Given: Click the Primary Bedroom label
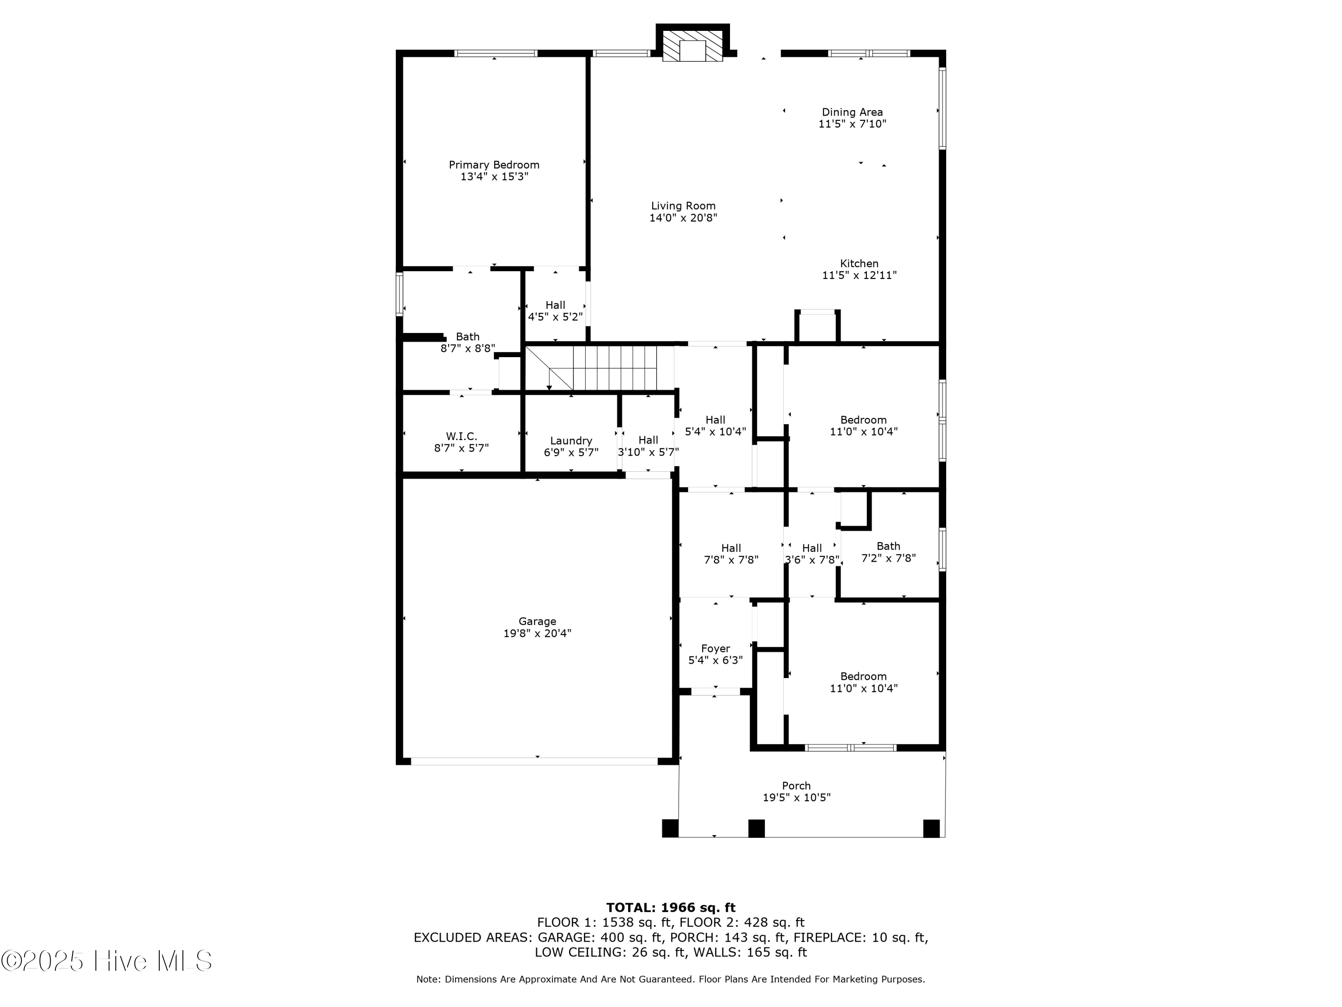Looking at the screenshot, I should point(494,165).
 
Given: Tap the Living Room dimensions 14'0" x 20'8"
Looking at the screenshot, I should point(683,218).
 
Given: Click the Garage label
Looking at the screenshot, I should point(537,621).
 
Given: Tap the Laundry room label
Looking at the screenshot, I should point(571,441).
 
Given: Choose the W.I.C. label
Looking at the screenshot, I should point(461,436).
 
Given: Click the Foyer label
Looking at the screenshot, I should point(715,648).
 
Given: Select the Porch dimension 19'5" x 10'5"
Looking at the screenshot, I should point(796,798).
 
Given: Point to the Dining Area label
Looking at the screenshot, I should point(852,112).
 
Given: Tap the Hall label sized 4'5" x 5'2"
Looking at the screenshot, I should point(555,305).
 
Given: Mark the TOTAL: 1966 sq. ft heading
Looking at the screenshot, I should point(671,908).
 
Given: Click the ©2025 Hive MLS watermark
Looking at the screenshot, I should point(107,961).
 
